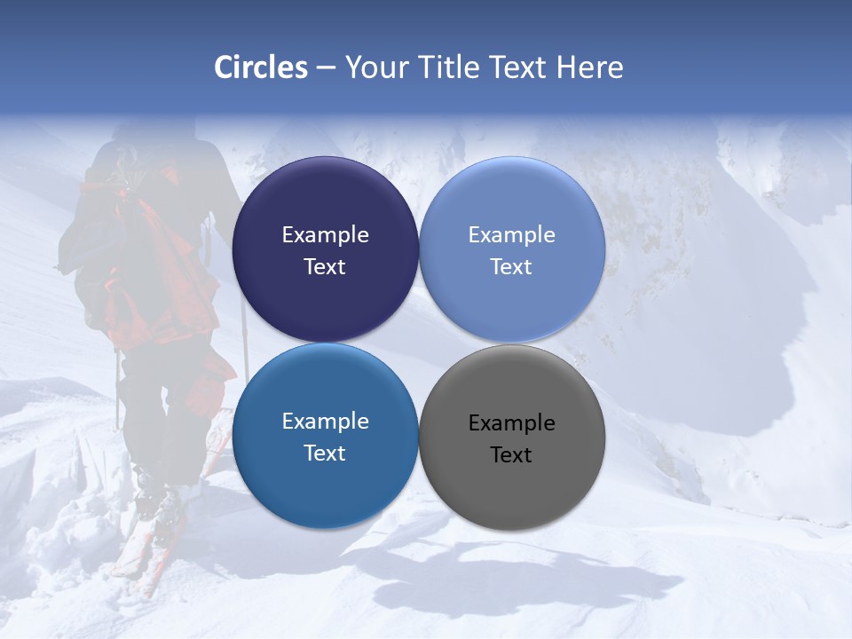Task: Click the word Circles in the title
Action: coord(261,67)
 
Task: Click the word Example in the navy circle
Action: coord(325,235)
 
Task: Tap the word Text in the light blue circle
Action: coord(511,267)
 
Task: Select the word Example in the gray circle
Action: coord(511,423)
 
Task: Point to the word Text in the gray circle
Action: coord(511,455)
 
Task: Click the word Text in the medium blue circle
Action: coord(325,454)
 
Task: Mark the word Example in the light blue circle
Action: coord(511,235)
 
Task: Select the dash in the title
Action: coord(326,68)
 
